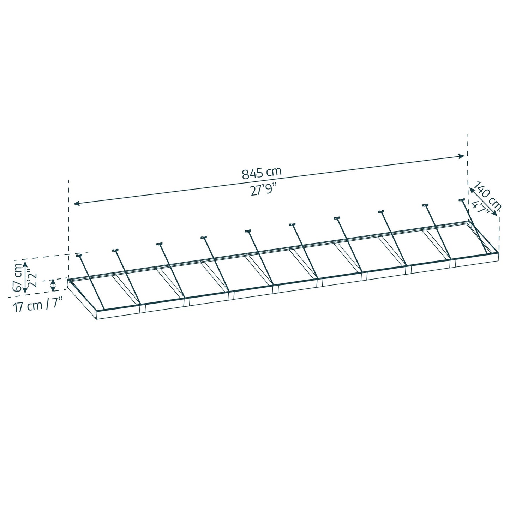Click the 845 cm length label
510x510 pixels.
tap(262, 173)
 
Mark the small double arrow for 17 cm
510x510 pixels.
tap(53, 285)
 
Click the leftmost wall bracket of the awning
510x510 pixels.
tap(79, 255)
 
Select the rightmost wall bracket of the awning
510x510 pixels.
tap(462, 200)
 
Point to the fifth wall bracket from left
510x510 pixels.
tap(248, 231)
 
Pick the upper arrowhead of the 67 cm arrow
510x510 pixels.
tap(25, 263)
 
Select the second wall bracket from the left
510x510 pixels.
tap(115, 250)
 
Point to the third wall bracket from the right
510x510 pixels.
tap(381, 211)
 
